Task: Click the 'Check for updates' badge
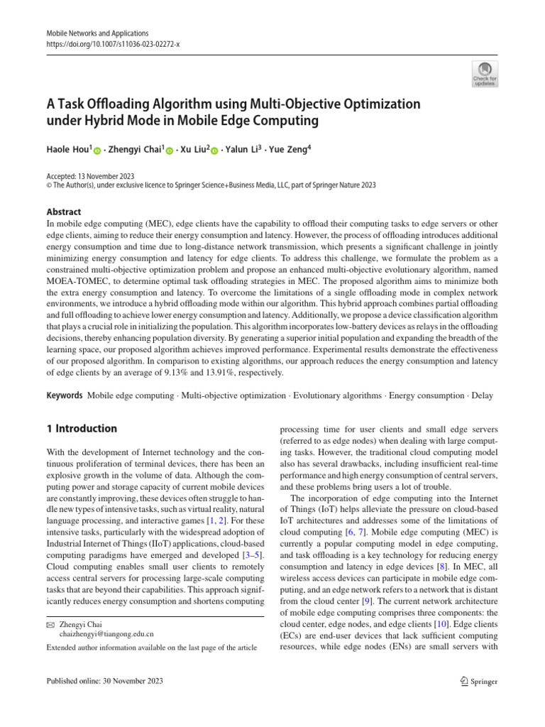click(485, 73)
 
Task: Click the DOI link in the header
click(113, 43)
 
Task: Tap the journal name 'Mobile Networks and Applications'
click(97, 33)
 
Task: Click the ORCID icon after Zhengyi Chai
click(170, 152)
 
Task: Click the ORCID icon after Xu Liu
click(215, 152)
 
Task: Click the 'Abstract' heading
click(63, 212)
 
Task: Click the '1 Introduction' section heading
click(82, 428)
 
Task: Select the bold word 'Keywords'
click(65, 394)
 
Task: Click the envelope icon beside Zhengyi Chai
click(50, 623)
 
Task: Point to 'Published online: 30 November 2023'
click(104, 682)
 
